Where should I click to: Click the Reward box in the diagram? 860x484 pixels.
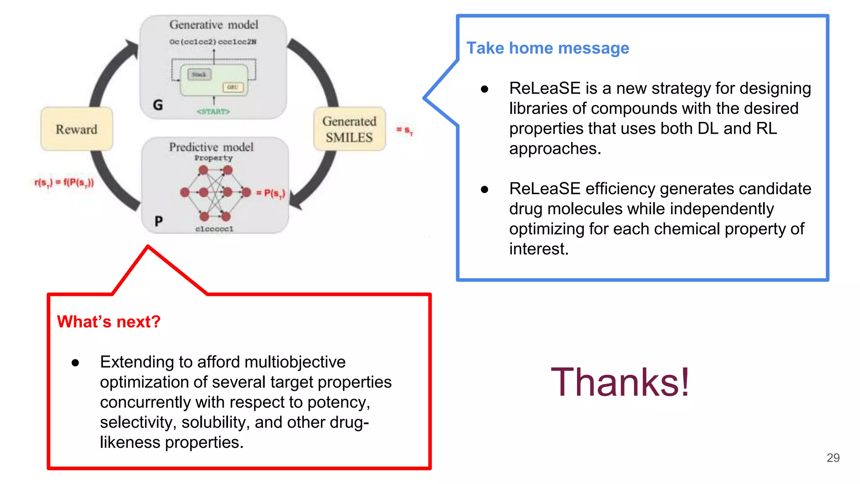pyautogui.click(x=76, y=129)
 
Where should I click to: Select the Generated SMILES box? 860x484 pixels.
pyautogui.click(x=349, y=129)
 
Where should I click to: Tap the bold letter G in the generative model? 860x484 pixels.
pyautogui.click(x=158, y=105)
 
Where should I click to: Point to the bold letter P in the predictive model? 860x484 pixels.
pyautogui.click(x=158, y=221)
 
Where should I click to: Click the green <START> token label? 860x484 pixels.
pyautogui.click(x=213, y=111)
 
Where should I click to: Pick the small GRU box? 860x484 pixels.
pyautogui.click(x=233, y=87)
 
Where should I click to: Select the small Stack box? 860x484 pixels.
pyautogui.click(x=199, y=75)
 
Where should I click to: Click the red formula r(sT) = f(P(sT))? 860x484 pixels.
pyautogui.click(x=64, y=182)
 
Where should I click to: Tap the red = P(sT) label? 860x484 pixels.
pyautogui.click(x=270, y=193)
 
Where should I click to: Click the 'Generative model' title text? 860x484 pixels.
pyautogui.click(x=214, y=25)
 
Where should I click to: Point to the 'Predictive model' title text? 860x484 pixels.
pyautogui.click(x=211, y=147)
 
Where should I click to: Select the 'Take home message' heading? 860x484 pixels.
pyautogui.click(x=548, y=48)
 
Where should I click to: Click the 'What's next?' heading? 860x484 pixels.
pyautogui.click(x=109, y=321)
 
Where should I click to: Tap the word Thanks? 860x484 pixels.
pyautogui.click(x=620, y=381)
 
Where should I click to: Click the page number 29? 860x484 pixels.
pyautogui.click(x=833, y=458)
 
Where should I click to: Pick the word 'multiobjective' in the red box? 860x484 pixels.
pyautogui.click(x=295, y=362)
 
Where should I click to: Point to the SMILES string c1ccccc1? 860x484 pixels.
pyautogui.click(x=214, y=229)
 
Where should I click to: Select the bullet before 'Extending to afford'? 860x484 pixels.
pyautogui.click(x=75, y=363)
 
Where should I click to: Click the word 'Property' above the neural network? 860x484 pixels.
pyautogui.click(x=213, y=158)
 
